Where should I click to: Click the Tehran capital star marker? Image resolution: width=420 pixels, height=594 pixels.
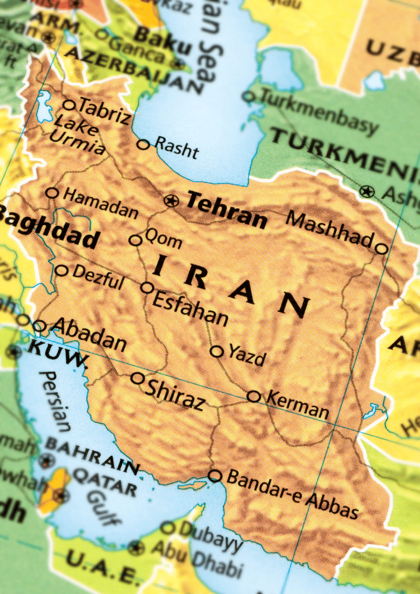[172, 201]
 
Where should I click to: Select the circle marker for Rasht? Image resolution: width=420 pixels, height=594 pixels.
[143, 144]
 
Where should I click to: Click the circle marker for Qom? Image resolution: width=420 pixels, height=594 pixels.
[136, 241]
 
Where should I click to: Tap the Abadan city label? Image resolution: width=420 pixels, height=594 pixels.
[89, 334]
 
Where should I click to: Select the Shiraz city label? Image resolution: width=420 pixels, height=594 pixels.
[175, 395]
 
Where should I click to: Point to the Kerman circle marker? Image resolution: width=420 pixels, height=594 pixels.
[254, 396]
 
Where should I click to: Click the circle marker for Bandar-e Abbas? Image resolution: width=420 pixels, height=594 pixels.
[215, 476]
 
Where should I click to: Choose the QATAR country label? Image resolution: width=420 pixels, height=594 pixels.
[102, 482]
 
